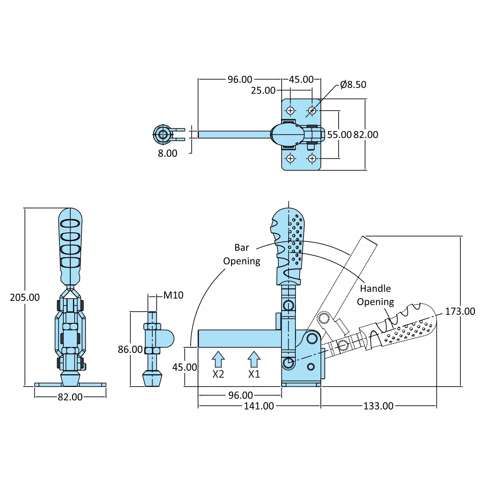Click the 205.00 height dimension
[x=25, y=297]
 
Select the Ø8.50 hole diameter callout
[x=353, y=85]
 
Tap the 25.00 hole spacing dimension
[x=263, y=90]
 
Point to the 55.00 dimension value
[x=339, y=135]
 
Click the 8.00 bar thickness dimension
[x=167, y=153]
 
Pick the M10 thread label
[x=173, y=295]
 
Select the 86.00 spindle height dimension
[x=130, y=349]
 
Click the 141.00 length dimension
[x=259, y=406]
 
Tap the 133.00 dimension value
[x=378, y=406]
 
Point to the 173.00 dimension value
[x=460, y=311]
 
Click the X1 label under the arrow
[x=254, y=374]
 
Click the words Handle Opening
[x=375, y=295]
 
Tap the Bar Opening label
[x=242, y=254]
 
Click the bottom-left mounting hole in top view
[x=290, y=159]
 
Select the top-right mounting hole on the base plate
[x=312, y=111]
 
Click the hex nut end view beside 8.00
[x=163, y=134]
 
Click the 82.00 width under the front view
[x=70, y=397]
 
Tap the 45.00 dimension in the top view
[x=301, y=79]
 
